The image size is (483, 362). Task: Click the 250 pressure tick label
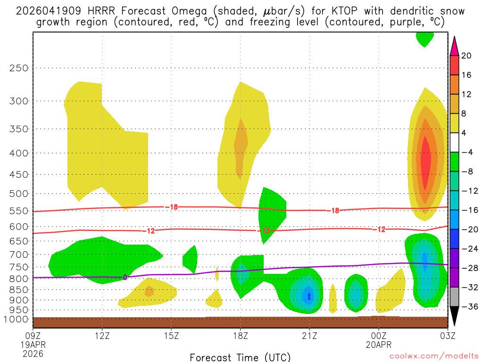[x=19, y=68]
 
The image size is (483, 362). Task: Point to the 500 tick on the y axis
[x=19, y=194]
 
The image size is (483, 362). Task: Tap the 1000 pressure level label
[x=17, y=319]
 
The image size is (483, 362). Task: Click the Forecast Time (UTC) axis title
[x=240, y=357]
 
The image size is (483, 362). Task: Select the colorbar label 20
[x=466, y=56]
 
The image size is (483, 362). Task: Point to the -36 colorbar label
[x=468, y=307]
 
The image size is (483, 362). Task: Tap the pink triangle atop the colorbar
[x=455, y=46]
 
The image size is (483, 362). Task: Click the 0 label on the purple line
[x=125, y=277]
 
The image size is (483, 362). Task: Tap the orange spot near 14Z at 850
[x=149, y=291]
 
